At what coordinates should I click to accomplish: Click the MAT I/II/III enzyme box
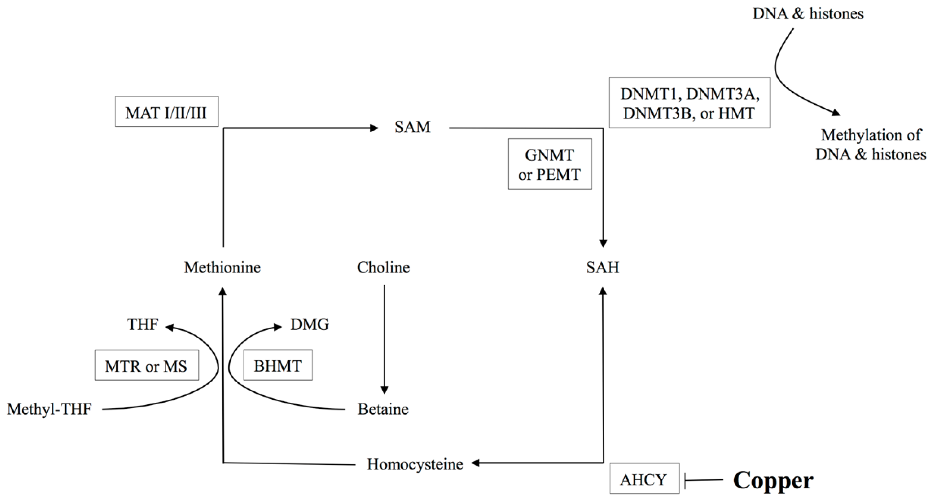click(167, 112)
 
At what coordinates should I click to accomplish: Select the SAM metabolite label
click(412, 127)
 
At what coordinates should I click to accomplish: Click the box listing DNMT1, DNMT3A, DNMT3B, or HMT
click(689, 103)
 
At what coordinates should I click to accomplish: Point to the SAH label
click(603, 267)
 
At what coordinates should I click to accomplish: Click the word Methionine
click(222, 267)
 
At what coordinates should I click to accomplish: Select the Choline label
click(383, 267)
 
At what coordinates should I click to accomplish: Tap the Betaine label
click(383, 409)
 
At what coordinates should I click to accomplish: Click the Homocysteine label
click(415, 464)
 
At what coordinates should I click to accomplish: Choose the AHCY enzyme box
click(644, 480)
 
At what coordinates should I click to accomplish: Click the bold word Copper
click(773, 481)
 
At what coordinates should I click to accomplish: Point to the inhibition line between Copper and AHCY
click(703, 481)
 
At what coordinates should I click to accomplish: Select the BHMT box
click(278, 365)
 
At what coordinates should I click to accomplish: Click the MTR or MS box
click(147, 365)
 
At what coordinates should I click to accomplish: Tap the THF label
click(143, 324)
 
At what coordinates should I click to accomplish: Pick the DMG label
click(310, 324)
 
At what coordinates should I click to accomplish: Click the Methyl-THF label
click(49, 409)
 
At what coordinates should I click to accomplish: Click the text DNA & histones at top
click(808, 14)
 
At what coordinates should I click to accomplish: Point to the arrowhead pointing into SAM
click(374, 128)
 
